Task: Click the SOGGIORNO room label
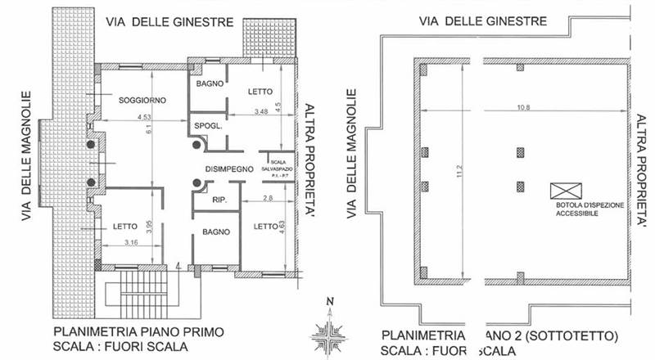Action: (x=142, y=100)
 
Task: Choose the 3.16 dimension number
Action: (x=129, y=241)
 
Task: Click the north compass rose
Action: (x=329, y=332)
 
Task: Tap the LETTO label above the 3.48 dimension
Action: (x=260, y=92)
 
